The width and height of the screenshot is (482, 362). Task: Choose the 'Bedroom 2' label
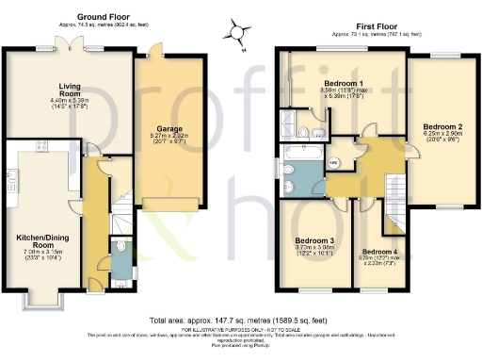pos(442,125)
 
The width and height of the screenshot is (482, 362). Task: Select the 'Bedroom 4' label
pos(379,252)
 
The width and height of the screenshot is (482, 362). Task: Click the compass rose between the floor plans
pos(242,33)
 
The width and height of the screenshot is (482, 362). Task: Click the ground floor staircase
pos(120,213)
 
